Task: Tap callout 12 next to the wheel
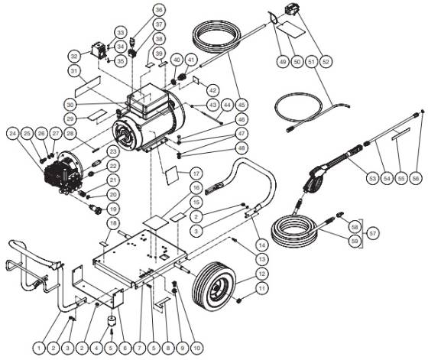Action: pos(261,274)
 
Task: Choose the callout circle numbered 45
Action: pos(242,105)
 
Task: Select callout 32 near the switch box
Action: pos(74,57)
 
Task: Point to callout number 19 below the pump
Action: pos(113,208)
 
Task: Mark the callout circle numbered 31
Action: pos(74,71)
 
